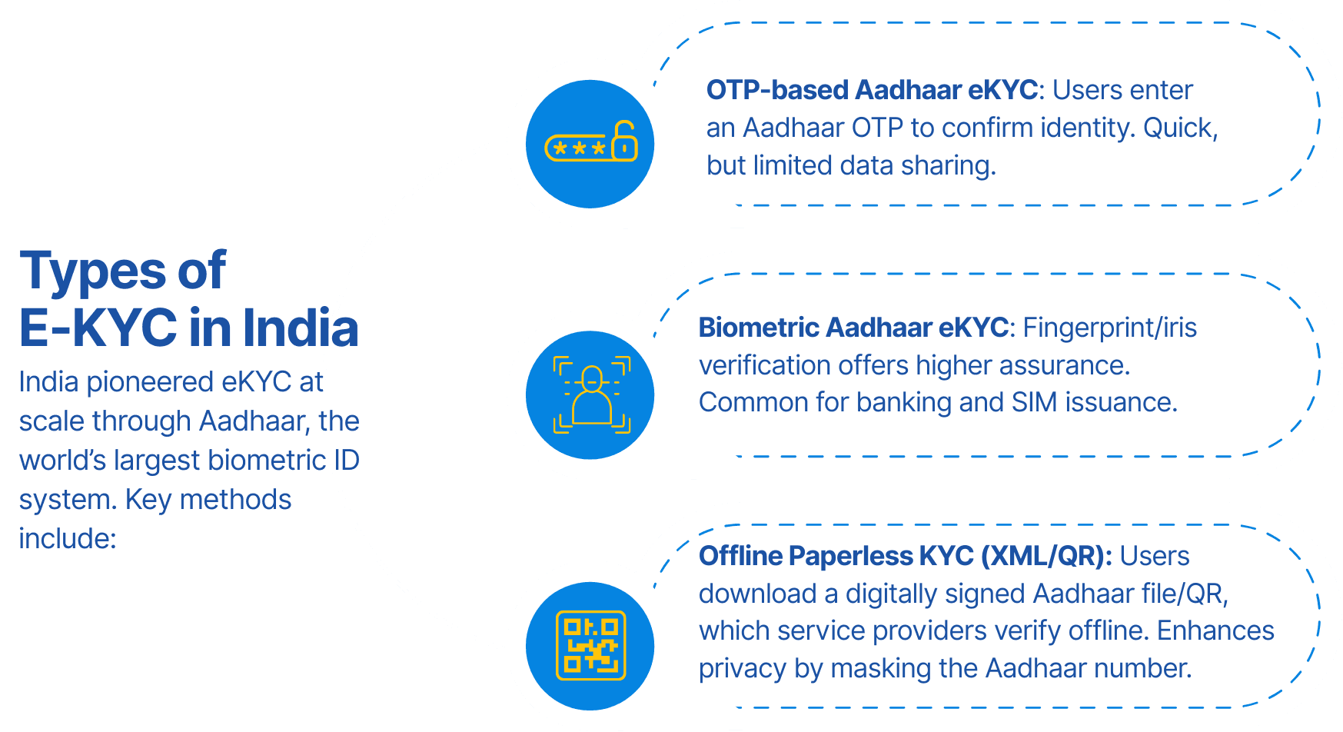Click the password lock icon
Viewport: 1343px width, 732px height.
click(590, 141)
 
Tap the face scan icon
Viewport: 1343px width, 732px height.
click(591, 394)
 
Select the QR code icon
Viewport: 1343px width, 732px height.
click(590, 646)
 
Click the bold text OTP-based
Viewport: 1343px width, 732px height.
click(777, 90)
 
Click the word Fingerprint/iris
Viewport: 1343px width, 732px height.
click(1109, 328)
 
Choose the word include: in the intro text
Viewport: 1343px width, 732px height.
click(68, 538)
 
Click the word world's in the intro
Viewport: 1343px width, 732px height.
click(62, 460)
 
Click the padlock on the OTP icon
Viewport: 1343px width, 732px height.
click(625, 141)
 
